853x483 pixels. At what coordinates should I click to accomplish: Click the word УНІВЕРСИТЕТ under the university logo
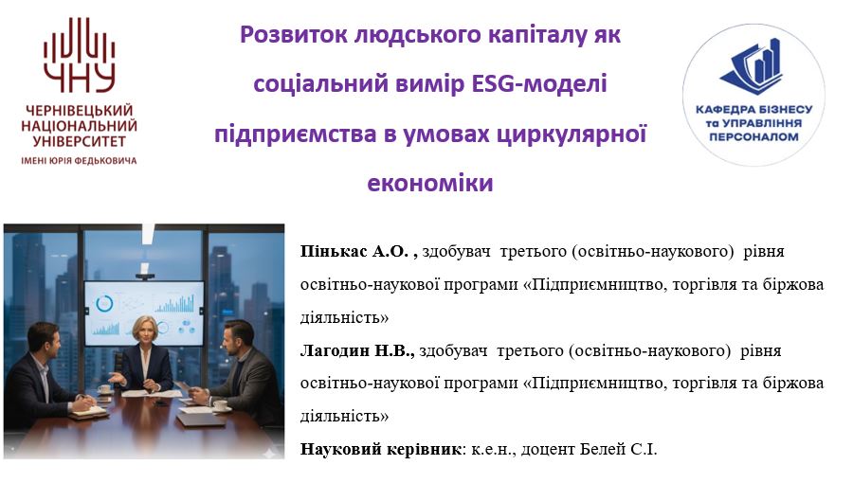80,142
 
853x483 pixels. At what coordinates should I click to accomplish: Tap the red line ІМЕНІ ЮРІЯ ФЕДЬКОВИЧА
80,160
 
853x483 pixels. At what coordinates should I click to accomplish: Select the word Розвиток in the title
291,35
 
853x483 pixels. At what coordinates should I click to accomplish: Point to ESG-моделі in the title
537,84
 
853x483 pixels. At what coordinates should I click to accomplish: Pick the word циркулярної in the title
582,134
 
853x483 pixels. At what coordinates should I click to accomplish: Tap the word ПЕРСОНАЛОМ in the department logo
755,136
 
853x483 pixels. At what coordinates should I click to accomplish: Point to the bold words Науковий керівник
380,449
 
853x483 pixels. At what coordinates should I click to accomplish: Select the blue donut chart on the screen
104,303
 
